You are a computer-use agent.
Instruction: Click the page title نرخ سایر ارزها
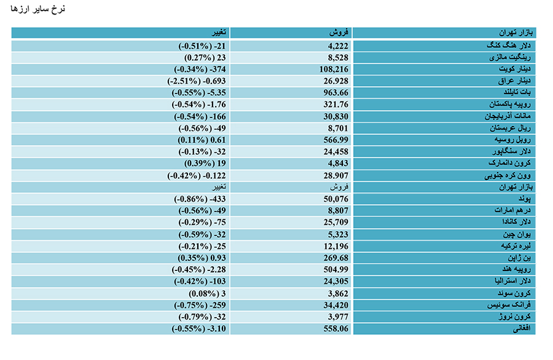[37, 9]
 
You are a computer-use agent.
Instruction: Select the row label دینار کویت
[514, 69]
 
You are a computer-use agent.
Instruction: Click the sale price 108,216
[334, 69]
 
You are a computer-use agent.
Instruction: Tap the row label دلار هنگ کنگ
[509, 45]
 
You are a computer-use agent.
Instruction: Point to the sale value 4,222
[338, 46]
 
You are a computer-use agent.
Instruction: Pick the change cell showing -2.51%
[197, 81]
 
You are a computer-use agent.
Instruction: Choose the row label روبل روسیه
[512, 139]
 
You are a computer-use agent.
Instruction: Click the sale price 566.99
[335, 140]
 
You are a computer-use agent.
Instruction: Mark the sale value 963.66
[335, 93]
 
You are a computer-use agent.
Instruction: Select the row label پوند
[525, 199]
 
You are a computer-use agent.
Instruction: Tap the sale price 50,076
[335, 199]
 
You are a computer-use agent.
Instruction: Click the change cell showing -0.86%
[200, 199]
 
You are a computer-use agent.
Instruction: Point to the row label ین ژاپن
[519, 258]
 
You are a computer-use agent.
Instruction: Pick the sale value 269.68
[335, 258]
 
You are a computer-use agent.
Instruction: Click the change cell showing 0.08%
[207, 294]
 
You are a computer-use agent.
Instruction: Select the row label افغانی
[522, 329]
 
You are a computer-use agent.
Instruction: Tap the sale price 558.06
[335, 329]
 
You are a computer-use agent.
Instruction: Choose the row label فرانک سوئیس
[509, 305]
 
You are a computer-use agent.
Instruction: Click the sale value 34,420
[335, 305]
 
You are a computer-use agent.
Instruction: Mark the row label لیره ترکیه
[516, 246]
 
